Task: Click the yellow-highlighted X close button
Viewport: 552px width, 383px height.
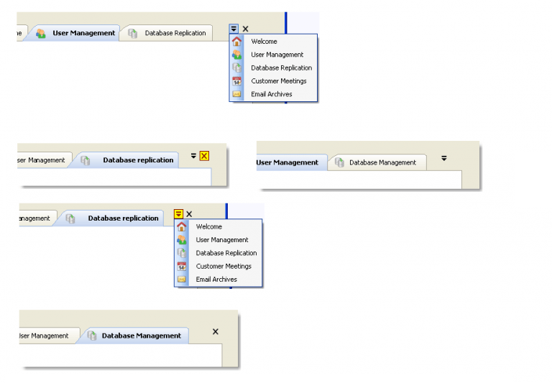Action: pyautogui.click(x=204, y=155)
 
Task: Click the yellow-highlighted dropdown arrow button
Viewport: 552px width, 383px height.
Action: pyautogui.click(x=178, y=214)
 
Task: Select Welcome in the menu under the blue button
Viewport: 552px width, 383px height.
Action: pyautogui.click(x=264, y=42)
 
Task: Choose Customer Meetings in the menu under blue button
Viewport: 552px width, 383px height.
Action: pyautogui.click(x=278, y=81)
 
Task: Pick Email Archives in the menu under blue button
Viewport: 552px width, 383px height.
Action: pyautogui.click(x=271, y=94)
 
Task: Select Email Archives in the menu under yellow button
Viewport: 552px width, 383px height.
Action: pyautogui.click(x=216, y=280)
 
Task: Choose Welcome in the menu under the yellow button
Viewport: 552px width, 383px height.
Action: pyautogui.click(x=208, y=227)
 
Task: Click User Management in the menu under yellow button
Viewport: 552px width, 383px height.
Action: pyautogui.click(x=221, y=240)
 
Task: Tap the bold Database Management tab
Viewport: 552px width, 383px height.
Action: pyautogui.click(x=141, y=336)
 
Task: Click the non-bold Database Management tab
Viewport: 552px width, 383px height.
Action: pyautogui.click(x=382, y=162)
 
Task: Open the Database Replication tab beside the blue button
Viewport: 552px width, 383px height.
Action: pyautogui.click(x=175, y=33)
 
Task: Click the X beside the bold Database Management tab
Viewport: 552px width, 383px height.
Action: pyautogui.click(x=215, y=331)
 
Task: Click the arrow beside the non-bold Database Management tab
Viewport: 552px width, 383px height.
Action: pyautogui.click(x=444, y=158)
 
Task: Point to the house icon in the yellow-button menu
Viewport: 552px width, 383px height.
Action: pyautogui.click(x=182, y=227)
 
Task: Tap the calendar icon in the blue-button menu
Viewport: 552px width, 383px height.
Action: pyautogui.click(x=237, y=81)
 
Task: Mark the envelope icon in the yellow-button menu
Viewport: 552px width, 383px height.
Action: pyautogui.click(x=182, y=280)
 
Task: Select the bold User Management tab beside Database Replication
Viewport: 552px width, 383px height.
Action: pyautogui.click(x=83, y=33)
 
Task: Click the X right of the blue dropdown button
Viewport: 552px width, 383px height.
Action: pyautogui.click(x=245, y=29)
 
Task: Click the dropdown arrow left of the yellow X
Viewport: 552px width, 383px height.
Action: pyautogui.click(x=193, y=155)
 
